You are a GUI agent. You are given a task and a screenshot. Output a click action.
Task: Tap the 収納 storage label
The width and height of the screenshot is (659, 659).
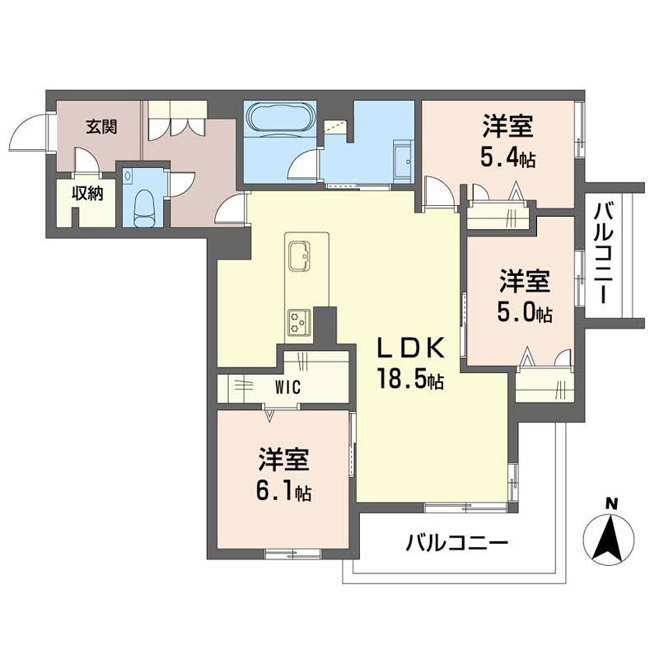click(x=85, y=194)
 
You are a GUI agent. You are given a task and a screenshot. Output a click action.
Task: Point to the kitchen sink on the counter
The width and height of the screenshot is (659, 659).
click(x=298, y=255)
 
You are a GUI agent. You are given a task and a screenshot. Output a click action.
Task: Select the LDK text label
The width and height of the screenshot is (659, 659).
click(x=411, y=348)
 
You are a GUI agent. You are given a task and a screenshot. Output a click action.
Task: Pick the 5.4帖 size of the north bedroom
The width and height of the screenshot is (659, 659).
click(x=508, y=157)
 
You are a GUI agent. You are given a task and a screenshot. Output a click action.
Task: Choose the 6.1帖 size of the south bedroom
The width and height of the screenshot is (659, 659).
click(x=283, y=492)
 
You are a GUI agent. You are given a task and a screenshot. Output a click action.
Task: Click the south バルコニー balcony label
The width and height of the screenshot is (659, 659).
click(x=457, y=543)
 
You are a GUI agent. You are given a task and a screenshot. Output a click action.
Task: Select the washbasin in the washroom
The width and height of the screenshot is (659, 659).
click(x=403, y=160)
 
